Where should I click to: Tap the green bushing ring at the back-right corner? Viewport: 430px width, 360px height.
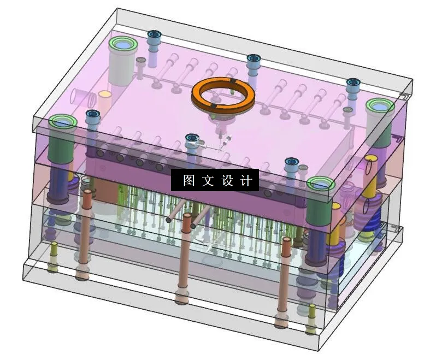[x=379, y=105]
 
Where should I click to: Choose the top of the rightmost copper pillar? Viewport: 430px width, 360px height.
[x=285, y=240]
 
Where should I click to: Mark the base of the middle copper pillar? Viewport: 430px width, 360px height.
[x=182, y=299]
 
